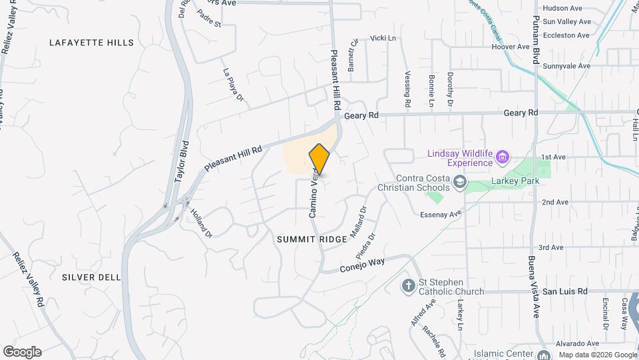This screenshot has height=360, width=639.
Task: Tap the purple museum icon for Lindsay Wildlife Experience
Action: (x=503, y=158)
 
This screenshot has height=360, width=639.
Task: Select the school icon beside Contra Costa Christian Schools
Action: (x=459, y=182)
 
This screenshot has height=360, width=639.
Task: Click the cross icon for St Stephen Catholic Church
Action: (x=409, y=286)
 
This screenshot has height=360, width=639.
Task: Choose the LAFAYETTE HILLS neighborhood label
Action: (x=91, y=43)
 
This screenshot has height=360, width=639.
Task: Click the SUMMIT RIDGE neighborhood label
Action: (x=312, y=239)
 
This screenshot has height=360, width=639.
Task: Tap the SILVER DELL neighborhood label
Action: (x=91, y=277)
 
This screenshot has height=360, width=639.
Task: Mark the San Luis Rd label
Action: (x=565, y=291)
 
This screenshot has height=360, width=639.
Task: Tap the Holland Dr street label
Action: (x=200, y=223)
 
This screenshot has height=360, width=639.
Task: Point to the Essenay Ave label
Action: (x=441, y=215)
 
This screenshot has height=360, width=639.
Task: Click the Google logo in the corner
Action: (x=22, y=351)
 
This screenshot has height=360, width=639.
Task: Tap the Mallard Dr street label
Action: (x=358, y=219)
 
